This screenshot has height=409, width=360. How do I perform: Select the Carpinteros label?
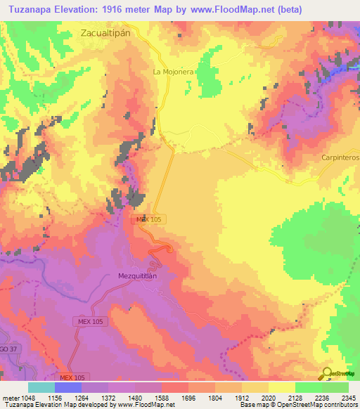click(340, 158)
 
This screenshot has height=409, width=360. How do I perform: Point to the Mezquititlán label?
click(141, 276)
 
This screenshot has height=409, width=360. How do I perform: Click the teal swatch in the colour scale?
click(41, 387)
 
